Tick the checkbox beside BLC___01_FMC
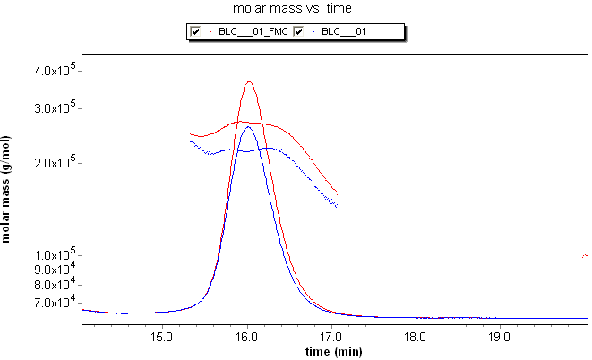click(195, 32)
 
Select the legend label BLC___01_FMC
click(253, 32)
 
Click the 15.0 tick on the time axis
click(161, 338)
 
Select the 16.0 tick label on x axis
click(246, 338)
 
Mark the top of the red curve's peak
click(249, 82)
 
